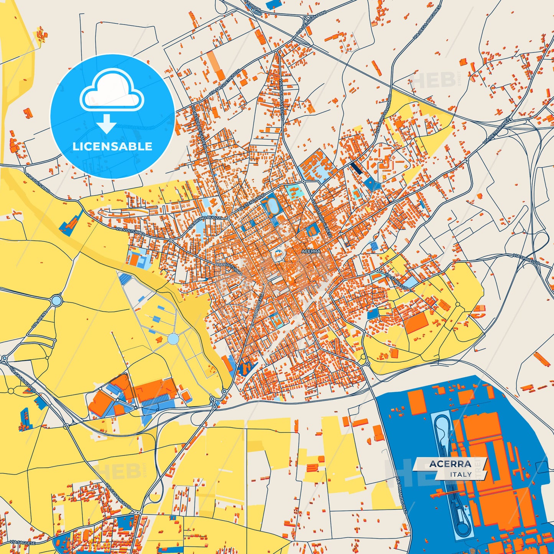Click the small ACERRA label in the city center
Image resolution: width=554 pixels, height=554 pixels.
click(x=311, y=252)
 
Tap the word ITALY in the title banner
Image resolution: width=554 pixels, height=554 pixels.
click(x=461, y=474)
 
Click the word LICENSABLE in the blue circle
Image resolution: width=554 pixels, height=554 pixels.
click(x=112, y=146)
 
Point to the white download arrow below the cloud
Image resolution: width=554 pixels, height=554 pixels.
click(x=107, y=123)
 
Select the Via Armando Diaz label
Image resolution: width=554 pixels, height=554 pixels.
click(x=401, y=495)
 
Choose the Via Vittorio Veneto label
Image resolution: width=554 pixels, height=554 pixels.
click(x=322, y=218)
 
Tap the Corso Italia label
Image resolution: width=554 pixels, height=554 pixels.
click(x=256, y=306)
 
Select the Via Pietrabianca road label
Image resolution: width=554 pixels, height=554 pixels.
click(x=497, y=131)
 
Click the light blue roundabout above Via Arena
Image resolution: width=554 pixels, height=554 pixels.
click(x=56, y=300)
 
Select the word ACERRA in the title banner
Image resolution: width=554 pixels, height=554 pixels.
click(x=450, y=464)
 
